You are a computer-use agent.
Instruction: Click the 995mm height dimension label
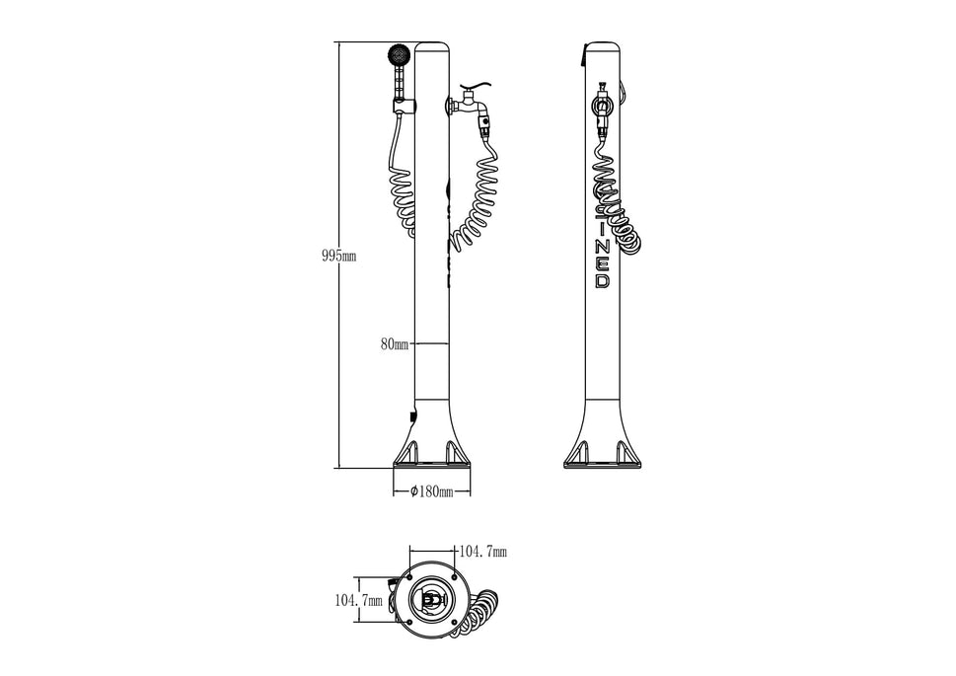click(338, 256)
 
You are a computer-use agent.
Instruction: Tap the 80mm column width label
click(394, 344)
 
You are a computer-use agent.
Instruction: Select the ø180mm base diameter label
click(429, 491)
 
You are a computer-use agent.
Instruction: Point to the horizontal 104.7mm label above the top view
click(480, 552)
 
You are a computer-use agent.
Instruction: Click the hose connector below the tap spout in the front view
click(484, 125)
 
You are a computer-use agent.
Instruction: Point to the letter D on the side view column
click(603, 281)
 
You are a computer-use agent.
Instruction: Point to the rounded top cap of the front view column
click(432, 47)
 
